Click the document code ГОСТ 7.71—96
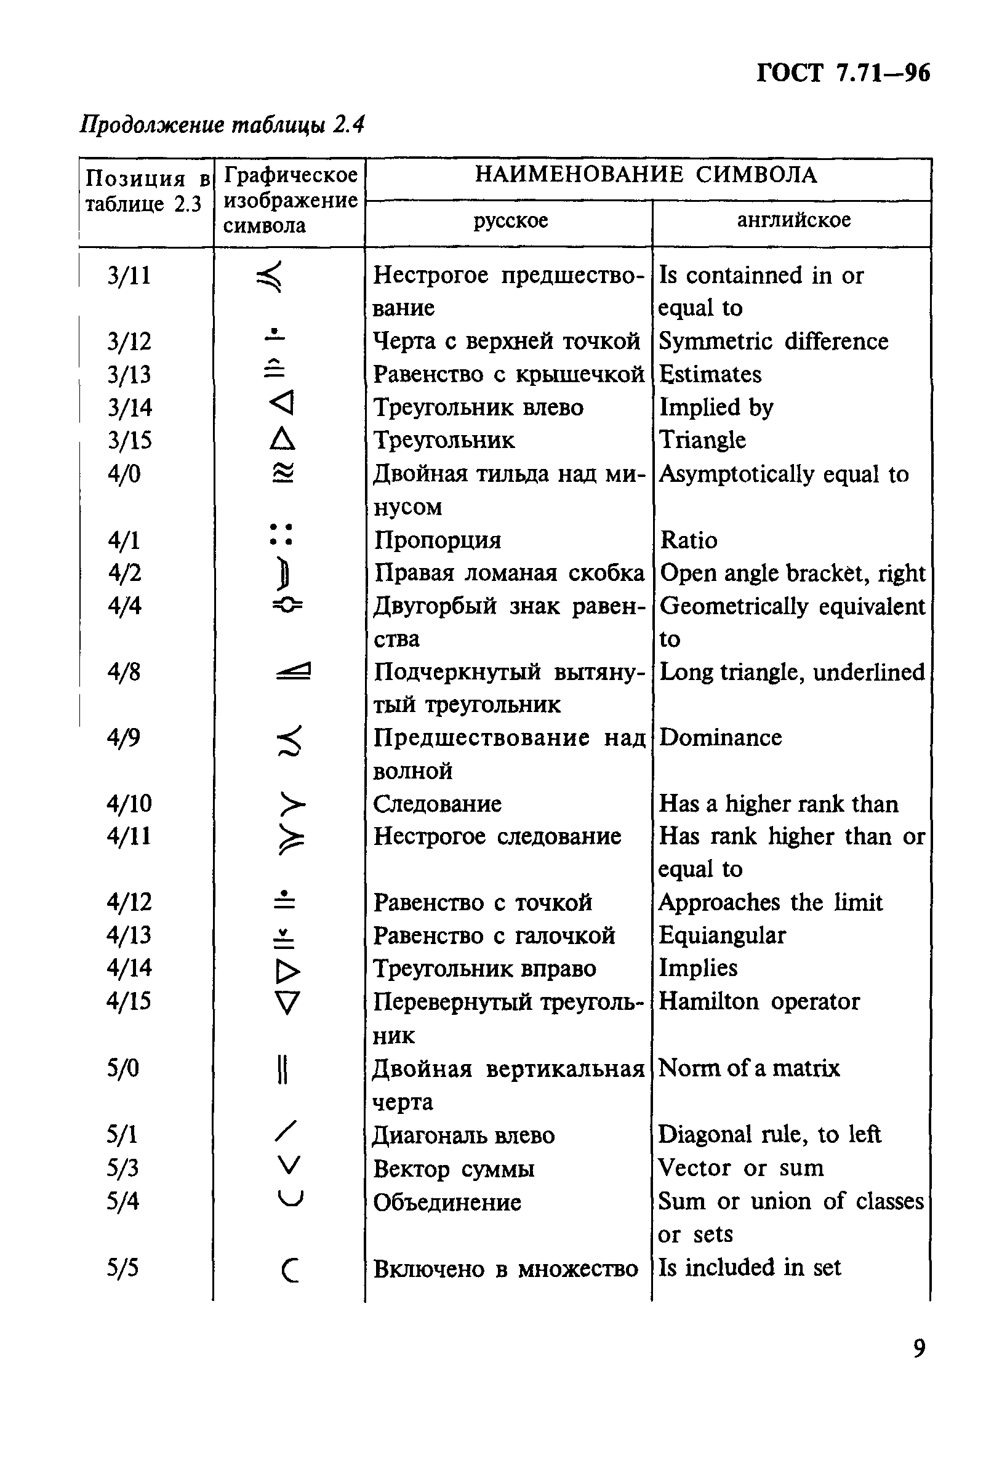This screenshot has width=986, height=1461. point(843,74)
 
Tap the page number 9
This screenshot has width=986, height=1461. point(920,1348)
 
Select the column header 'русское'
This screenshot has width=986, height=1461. point(511,221)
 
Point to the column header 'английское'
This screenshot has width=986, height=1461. point(793,220)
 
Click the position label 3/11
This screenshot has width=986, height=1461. point(129,275)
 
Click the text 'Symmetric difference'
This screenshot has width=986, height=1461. point(773,342)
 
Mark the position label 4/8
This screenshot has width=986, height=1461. point(124,672)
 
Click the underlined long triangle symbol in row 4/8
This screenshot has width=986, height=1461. point(293,672)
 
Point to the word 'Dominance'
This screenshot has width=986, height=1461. point(720,737)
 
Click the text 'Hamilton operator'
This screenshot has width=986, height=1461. point(758,1001)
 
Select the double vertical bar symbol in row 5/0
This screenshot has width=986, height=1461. point(283,1069)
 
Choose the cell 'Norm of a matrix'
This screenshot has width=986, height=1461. point(748,1068)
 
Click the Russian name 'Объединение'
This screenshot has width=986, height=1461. point(447,1202)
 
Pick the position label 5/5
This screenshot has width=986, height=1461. point(122,1268)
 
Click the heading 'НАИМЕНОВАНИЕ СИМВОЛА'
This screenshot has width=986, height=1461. point(646,175)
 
